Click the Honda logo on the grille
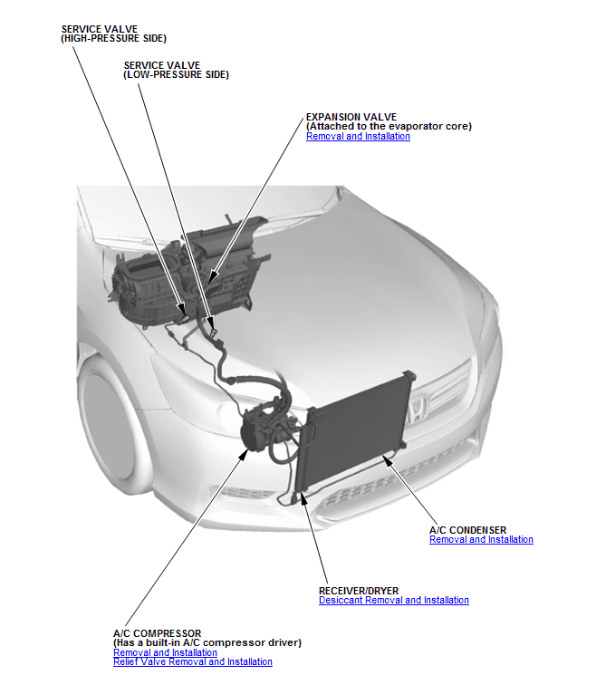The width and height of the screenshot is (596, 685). [417, 410]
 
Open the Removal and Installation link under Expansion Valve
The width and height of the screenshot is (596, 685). [358, 136]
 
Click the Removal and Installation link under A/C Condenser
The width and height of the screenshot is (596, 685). [481, 539]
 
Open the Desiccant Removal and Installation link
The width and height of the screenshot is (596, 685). [394, 600]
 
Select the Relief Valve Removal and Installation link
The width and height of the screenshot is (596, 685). [193, 661]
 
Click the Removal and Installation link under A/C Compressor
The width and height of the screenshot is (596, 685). [165, 652]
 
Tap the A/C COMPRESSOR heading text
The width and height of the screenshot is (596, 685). [158, 633]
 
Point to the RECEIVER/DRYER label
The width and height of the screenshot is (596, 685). [359, 591]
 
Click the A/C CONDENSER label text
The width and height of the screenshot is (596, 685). [467, 530]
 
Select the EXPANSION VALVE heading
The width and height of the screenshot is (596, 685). [351, 117]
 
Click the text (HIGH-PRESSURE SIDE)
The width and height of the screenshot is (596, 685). [113, 38]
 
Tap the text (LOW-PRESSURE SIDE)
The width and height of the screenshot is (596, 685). [176, 74]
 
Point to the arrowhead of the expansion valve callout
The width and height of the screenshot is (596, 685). [213, 276]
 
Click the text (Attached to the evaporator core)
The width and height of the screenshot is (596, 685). [389, 127]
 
